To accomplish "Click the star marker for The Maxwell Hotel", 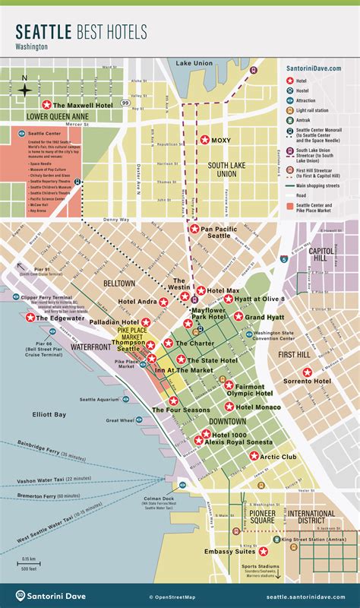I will tap(47, 105).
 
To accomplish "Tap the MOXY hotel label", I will tap(220, 141).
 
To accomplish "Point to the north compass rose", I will tap(25, 89).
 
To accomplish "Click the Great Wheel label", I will tap(119, 420).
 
